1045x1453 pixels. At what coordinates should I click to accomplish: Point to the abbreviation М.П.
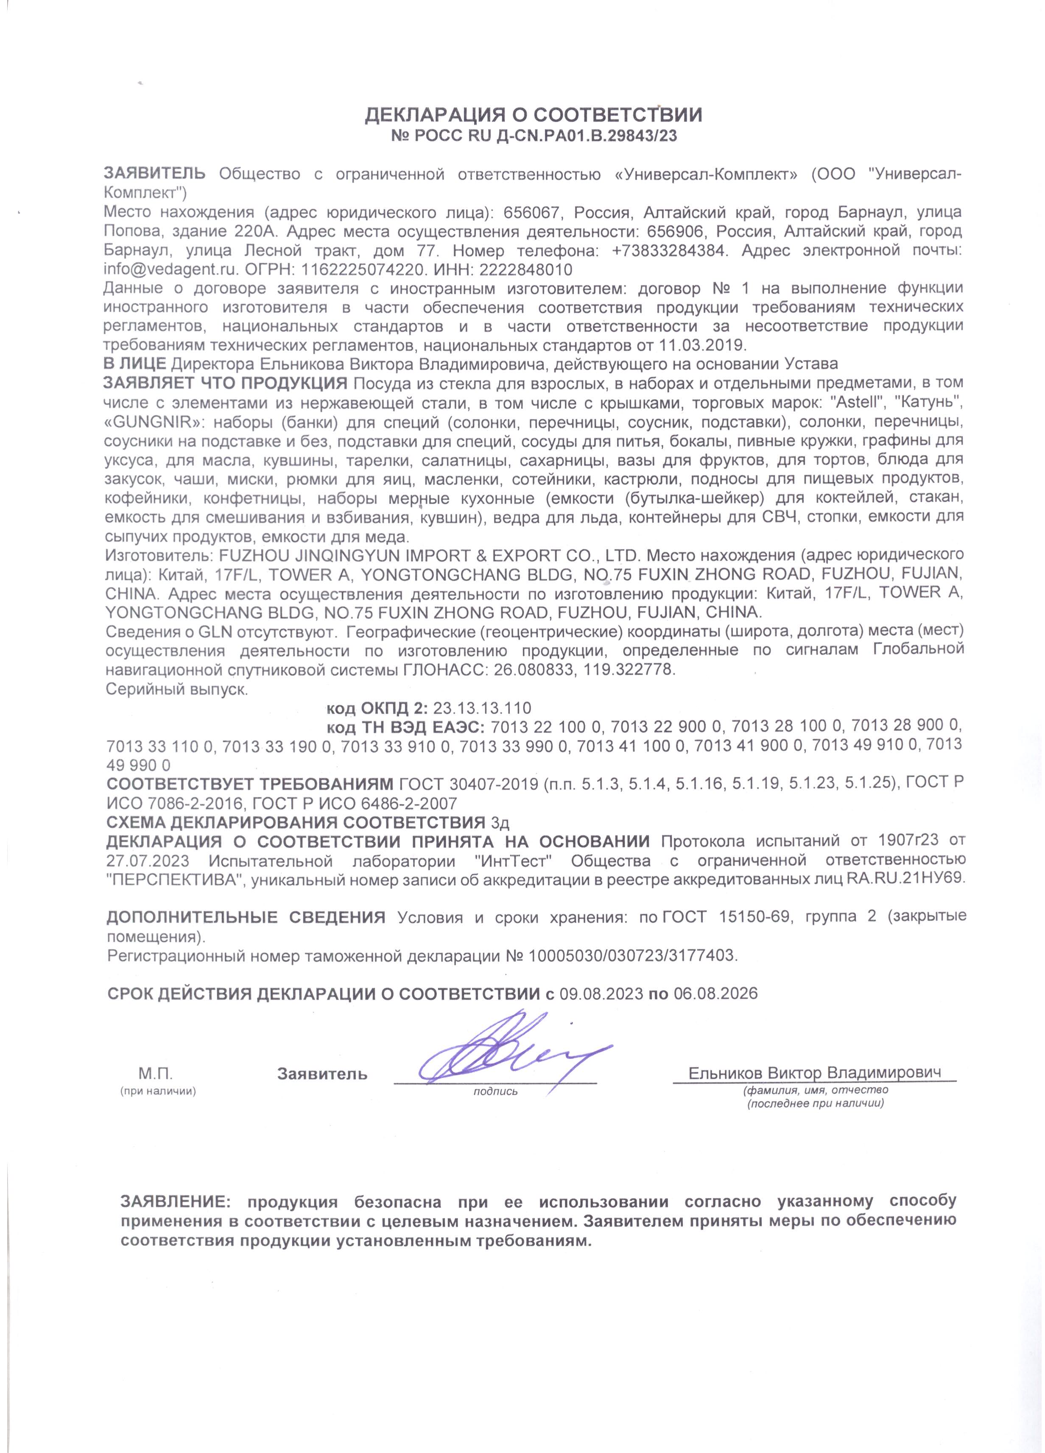(156, 1074)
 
